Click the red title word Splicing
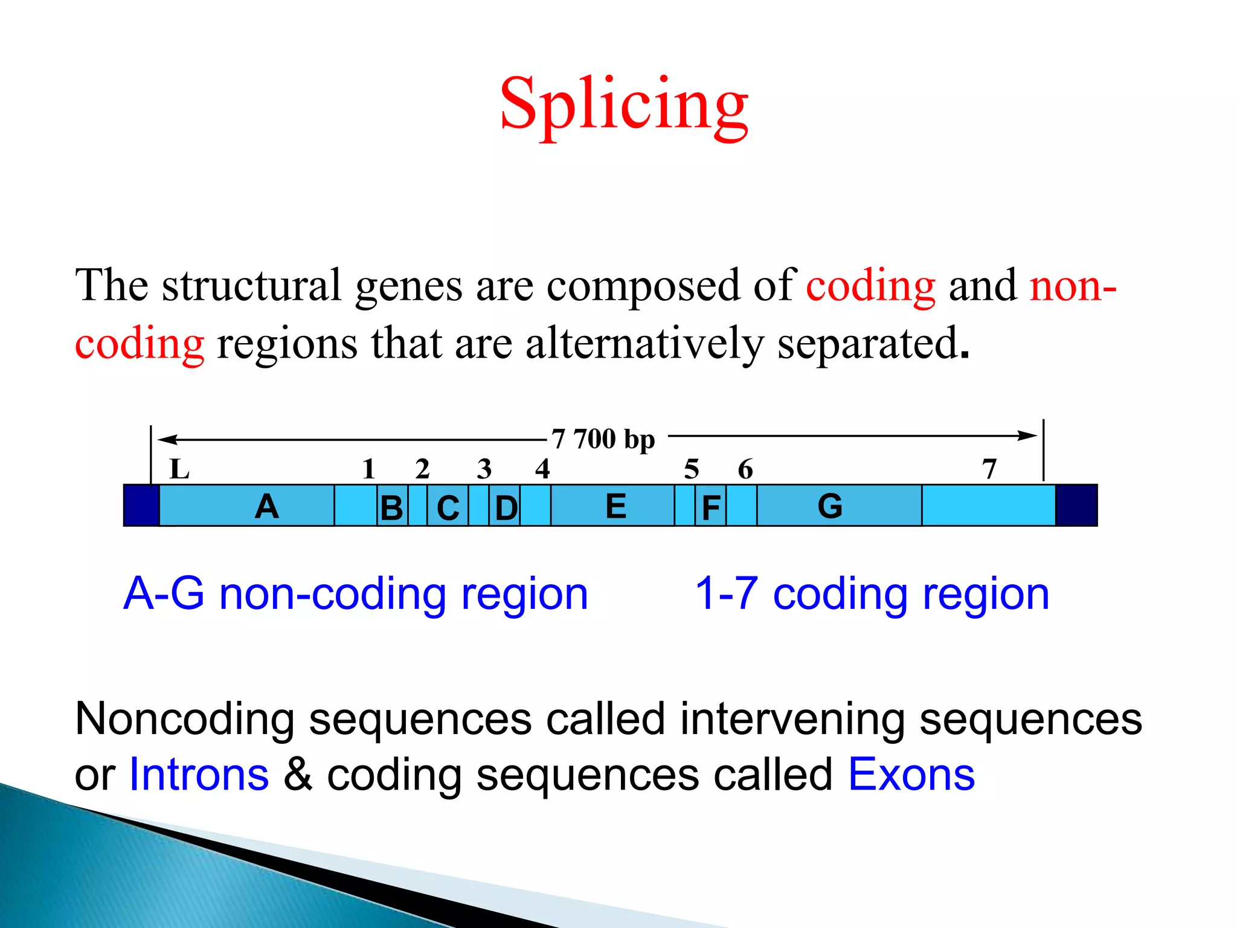tap(624, 104)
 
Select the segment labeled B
tap(392, 507)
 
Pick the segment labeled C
tap(448, 507)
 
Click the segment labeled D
tap(505, 507)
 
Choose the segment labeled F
tap(710, 507)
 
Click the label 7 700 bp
tap(603, 439)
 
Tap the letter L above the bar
tap(179, 469)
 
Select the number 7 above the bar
tap(989, 469)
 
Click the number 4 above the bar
tap(542, 469)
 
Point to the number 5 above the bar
tap(692, 469)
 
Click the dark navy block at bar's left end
tap(141, 506)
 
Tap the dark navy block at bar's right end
tap(1076, 506)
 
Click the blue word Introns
tap(199, 775)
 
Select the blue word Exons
tap(911, 775)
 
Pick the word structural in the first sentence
tap(251, 285)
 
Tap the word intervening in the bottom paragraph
tap(792, 719)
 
